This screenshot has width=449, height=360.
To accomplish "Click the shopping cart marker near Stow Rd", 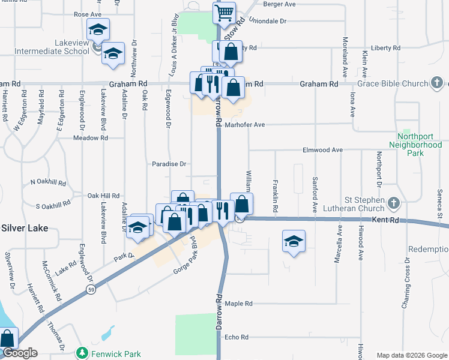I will point(224,12).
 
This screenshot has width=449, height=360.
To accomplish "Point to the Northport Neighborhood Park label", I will point(415,145).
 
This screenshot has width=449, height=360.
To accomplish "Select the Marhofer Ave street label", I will point(246,125).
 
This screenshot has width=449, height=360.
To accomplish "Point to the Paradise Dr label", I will point(169,164).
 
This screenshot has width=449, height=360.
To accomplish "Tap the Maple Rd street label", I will point(238,304).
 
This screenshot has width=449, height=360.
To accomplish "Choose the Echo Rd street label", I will point(236,337).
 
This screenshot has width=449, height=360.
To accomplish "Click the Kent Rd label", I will point(385,220).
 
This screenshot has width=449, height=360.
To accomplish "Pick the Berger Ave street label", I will point(280,4).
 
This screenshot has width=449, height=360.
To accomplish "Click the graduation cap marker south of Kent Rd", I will point(293,241).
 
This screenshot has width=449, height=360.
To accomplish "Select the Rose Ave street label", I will point(88,14).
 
